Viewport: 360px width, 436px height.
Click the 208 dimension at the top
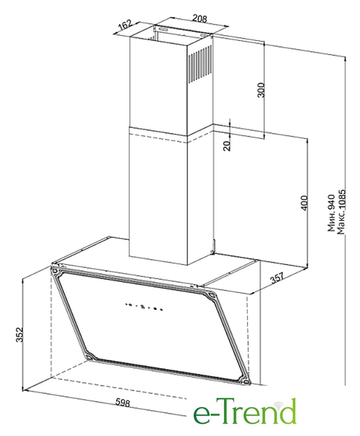click(199, 18)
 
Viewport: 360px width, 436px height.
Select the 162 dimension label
click(125, 25)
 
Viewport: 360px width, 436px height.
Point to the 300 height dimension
click(261, 90)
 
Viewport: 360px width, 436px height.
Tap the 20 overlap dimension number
click(227, 146)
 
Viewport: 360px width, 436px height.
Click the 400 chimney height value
click(304, 203)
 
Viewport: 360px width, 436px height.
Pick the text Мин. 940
click(331, 213)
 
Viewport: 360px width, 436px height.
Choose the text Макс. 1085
click(341, 212)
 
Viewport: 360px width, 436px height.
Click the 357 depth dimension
click(278, 277)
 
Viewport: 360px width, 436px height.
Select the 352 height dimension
click(19, 334)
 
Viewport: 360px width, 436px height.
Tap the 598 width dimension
click(122, 403)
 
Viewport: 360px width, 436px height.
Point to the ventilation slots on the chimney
click(199, 63)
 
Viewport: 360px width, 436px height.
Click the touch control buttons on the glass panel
click(144, 306)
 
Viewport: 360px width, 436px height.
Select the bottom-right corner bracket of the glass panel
click(245, 381)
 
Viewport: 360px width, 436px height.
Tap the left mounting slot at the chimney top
click(163, 29)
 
